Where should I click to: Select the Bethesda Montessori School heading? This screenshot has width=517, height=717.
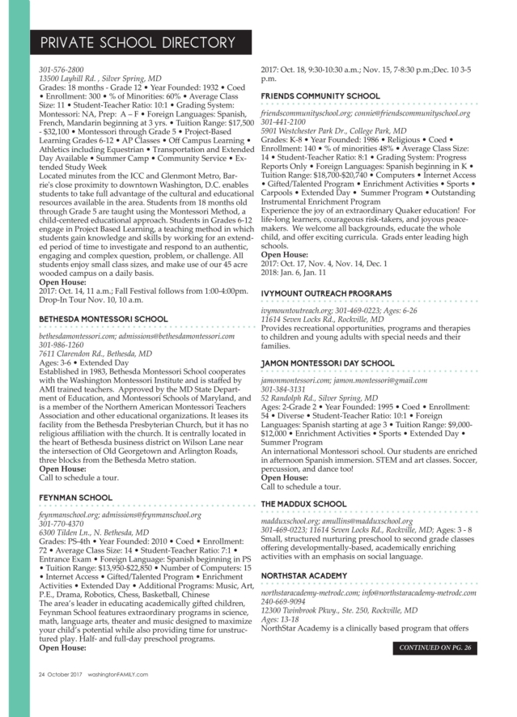click(x=104, y=320)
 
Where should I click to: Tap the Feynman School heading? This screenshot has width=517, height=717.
click(x=76, y=497)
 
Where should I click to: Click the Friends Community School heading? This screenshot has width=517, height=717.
click(x=320, y=96)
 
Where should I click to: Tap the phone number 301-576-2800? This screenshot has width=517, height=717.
click(x=61, y=70)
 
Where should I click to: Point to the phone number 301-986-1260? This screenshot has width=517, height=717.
click(x=61, y=345)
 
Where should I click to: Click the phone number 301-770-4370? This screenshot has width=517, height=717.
click(x=61, y=524)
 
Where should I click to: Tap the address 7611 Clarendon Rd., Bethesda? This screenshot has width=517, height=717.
click(x=95, y=354)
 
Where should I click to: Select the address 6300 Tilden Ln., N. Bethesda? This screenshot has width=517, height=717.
click(x=94, y=532)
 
